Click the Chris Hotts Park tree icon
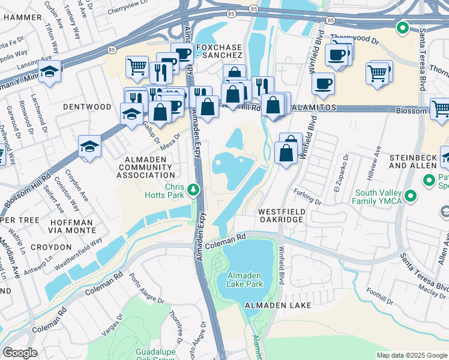[193, 190]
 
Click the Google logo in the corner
[20, 353]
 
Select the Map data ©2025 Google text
[411, 355]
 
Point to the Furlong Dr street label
[309, 194]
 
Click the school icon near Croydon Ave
[89, 146]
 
